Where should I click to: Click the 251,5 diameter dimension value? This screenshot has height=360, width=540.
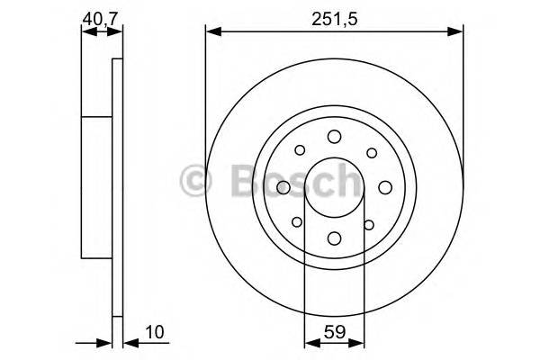(x=329, y=17)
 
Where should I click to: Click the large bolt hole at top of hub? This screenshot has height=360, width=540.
(x=334, y=136)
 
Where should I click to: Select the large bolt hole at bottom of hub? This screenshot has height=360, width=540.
(x=334, y=238)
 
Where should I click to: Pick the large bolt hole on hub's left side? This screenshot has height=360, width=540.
(x=283, y=186)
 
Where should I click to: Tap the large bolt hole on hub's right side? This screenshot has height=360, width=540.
(x=384, y=186)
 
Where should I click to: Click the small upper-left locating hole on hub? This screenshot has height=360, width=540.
(x=300, y=151)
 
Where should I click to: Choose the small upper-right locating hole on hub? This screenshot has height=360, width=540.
(x=369, y=151)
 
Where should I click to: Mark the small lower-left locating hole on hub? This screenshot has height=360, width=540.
(x=299, y=222)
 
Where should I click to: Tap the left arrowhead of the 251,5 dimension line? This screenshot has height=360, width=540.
(x=211, y=32)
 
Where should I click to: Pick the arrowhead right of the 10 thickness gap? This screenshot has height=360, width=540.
(x=127, y=342)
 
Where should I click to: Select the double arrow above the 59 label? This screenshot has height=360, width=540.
(x=334, y=342)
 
